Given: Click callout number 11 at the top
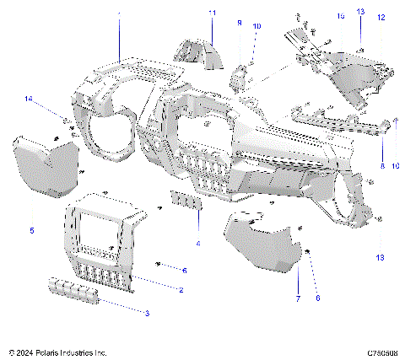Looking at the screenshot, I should click(212, 12).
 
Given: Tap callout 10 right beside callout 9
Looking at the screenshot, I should click(256, 27).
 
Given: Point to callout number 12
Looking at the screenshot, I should click(381, 17).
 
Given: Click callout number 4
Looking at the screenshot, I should click(197, 244).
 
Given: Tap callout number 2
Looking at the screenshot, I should click(181, 290).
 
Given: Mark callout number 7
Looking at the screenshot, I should click(297, 299).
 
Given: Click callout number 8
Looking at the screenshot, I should click(381, 167).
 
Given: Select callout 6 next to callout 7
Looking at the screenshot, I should click(317, 298).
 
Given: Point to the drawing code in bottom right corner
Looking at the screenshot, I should click(382, 351).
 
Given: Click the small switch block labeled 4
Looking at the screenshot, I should click(186, 201).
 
